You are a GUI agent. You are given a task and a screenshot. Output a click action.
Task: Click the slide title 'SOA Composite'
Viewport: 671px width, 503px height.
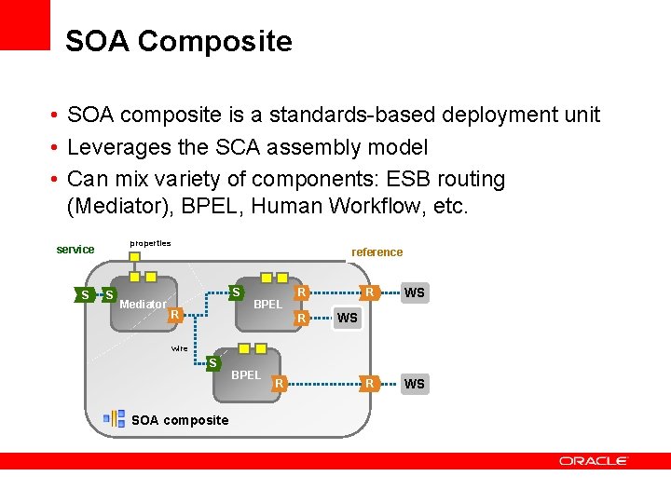point(178,42)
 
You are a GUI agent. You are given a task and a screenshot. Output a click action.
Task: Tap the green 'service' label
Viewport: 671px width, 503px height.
point(75,250)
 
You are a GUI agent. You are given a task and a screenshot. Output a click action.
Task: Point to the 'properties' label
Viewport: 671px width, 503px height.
point(150,243)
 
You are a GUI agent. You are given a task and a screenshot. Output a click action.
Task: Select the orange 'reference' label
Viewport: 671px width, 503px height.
point(377,252)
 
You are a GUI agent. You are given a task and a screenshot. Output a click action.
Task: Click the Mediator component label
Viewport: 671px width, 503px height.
point(144,305)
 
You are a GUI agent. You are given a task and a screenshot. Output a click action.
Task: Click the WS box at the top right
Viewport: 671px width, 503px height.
point(414,293)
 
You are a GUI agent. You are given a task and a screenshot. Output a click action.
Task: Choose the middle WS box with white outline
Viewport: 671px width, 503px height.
point(348,319)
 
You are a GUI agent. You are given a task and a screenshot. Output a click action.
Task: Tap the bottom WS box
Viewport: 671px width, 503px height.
point(414,384)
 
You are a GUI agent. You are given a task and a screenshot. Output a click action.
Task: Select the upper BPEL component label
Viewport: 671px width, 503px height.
point(267,305)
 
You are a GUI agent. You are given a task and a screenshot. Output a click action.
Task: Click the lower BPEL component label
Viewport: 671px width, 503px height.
point(246,375)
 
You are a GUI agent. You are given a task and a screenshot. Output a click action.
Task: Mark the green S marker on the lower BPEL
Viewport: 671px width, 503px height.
point(212,362)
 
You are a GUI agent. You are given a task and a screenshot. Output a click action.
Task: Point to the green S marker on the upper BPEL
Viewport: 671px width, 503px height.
point(237,292)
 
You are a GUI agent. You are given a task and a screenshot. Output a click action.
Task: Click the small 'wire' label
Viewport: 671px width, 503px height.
point(179,349)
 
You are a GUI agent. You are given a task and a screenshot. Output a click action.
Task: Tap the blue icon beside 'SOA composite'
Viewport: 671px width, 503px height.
point(115,418)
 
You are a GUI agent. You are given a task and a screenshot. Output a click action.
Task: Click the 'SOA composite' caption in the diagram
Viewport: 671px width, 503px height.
point(180,420)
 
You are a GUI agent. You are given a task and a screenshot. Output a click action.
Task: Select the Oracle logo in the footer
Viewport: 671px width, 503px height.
point(594,461)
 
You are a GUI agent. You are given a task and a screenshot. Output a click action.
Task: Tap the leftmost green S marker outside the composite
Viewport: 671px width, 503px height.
point(85,295)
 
